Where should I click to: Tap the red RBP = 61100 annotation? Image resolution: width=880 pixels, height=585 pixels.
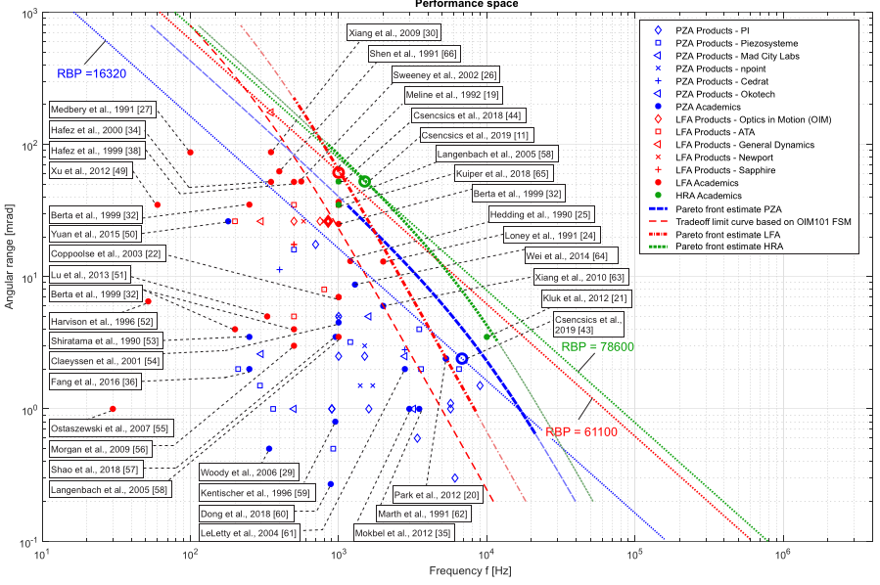pos(582,431)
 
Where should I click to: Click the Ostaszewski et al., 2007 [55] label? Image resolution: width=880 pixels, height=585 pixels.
pos(97,428)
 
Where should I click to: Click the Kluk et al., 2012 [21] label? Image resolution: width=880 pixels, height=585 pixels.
pos(579,296)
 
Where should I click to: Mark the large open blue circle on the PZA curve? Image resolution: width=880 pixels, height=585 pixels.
pos(463,359)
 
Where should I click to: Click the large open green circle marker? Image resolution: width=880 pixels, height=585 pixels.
pos(364,181)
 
